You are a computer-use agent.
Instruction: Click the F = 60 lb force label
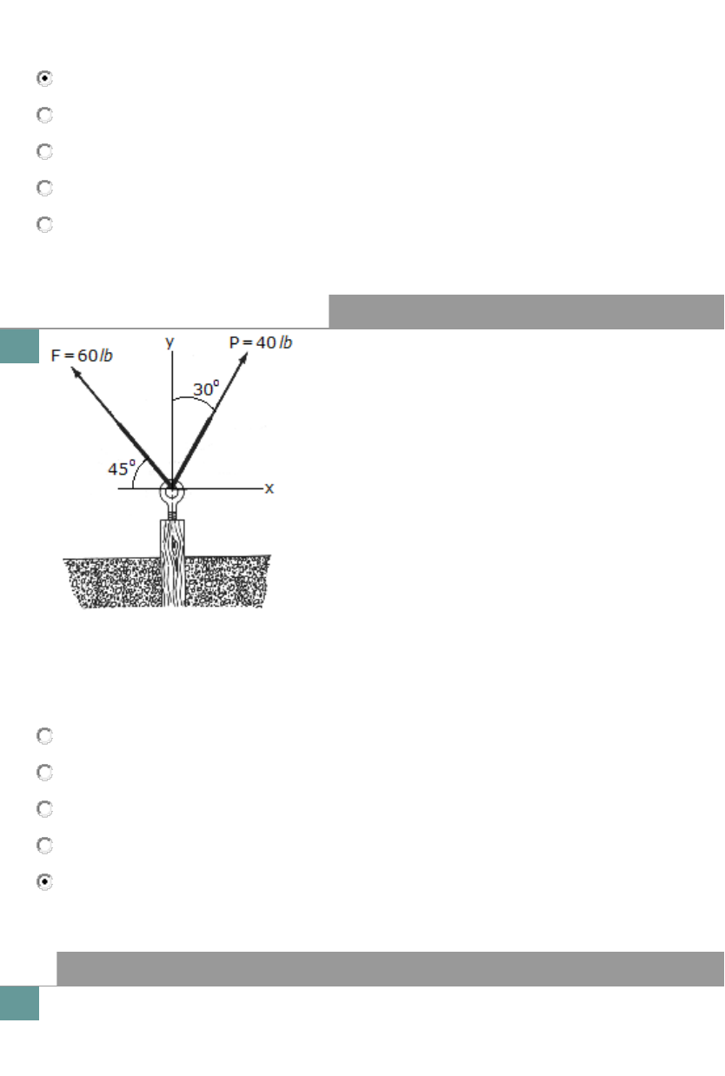click(x=82, y=355)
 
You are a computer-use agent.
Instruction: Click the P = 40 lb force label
click(x=261, y=342)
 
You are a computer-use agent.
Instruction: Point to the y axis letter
click(x=170, y=342)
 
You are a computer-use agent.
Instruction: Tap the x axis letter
click(x=269, y=488)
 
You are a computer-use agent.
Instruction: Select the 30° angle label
click(x=206, y=389)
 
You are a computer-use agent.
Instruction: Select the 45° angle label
click(x=122, y=468)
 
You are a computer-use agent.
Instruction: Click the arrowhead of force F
click(x=75, y=371)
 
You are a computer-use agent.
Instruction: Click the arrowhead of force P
click(x=243, y=358)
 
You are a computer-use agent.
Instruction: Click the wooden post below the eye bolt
click(x=172, y=562)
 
